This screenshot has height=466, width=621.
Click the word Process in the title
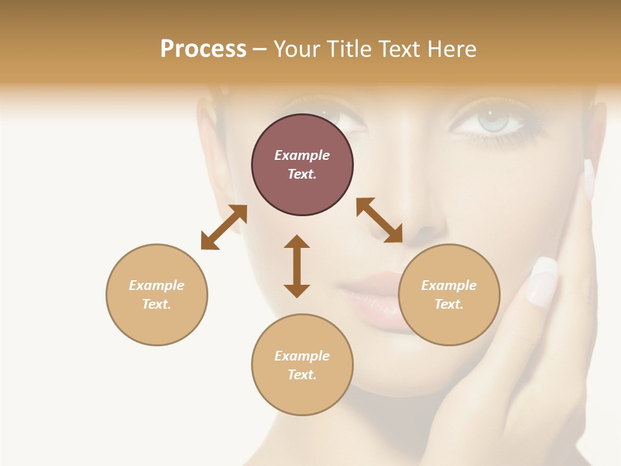click(x=203, y=49)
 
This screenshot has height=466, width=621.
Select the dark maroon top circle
click(x=302, y=165)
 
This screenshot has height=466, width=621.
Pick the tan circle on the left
click(x=157, y=294)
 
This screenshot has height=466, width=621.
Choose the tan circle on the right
click(x=449, y=294)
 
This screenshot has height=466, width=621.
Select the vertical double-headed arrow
click(x=297, y=266)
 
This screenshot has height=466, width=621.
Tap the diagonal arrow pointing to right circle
click(x=380, y=220)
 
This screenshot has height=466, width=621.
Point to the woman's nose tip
click(x=424, y=227)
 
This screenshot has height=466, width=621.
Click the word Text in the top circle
click(x=301, y=174)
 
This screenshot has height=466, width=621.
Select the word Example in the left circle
click(x=157, y=285)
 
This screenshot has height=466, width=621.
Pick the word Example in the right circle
click(x=449, y=285)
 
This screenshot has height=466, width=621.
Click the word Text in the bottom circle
click(x=301, y=375)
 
